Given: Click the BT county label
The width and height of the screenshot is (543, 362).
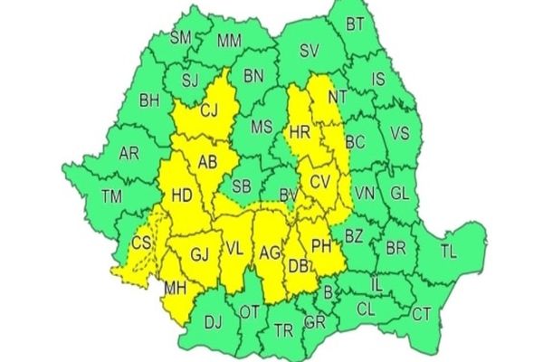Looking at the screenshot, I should click(356, 24).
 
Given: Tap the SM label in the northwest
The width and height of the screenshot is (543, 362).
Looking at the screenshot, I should click(181, 37).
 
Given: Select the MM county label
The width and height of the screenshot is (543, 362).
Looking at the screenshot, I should click(229, 40).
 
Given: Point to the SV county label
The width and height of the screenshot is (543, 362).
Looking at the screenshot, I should click(311, 52).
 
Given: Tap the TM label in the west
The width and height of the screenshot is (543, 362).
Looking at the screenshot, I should click(112, 196).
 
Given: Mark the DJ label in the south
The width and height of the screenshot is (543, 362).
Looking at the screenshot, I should click(214, 319).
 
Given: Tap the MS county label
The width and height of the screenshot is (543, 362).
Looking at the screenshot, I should click(262, 126).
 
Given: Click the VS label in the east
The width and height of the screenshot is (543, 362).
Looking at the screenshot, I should click(399, 133).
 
